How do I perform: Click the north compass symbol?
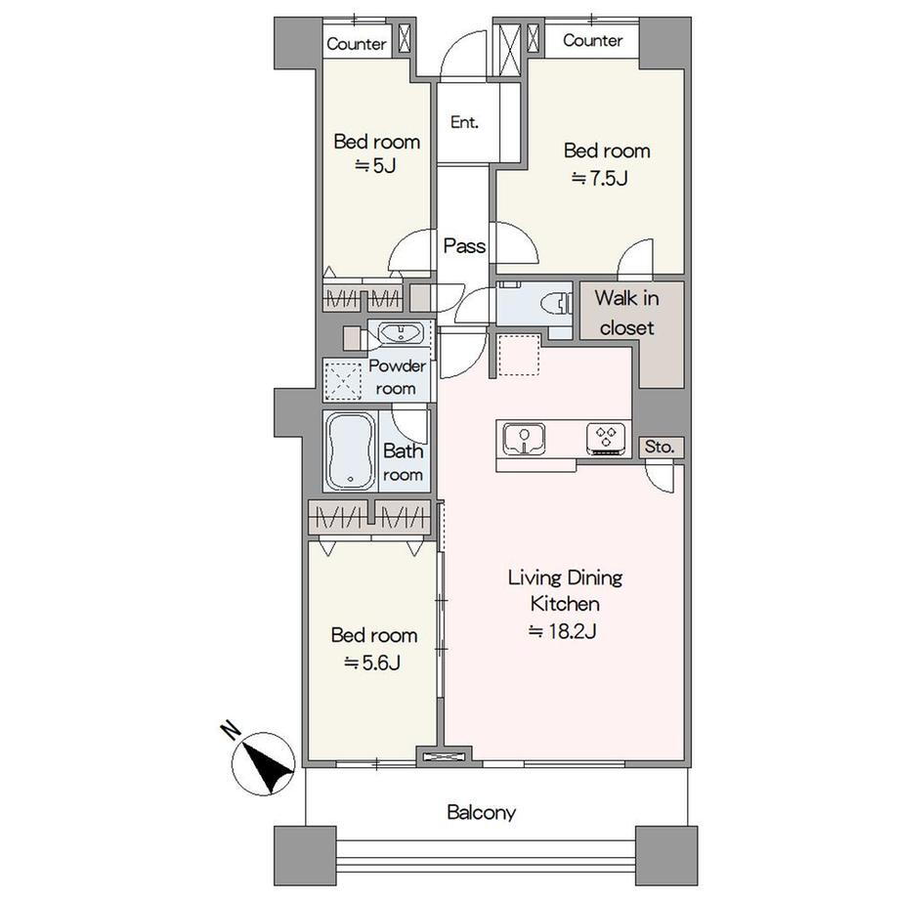tap(263, 763)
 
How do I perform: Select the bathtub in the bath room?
tap(350, 451)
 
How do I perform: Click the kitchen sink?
tap(524, 439)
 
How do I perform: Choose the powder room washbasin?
tap(401, 332)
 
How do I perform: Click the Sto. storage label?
tap(660, 447)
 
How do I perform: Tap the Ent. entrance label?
tap(464, 122)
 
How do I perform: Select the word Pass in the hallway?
tap(464, 246)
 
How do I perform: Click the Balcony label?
tap(481, 812)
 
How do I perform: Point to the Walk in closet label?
tap(626, 313)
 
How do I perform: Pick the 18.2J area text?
tap(563, 631)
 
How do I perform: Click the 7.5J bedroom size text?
tap(600, 178)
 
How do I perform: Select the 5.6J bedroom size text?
tap(372, 663)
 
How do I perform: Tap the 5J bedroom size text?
tap(375, 166)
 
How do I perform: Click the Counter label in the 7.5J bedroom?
tap(592, 40)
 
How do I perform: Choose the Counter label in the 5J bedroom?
tap(356, 44)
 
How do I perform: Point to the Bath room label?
tap(403, 462)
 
